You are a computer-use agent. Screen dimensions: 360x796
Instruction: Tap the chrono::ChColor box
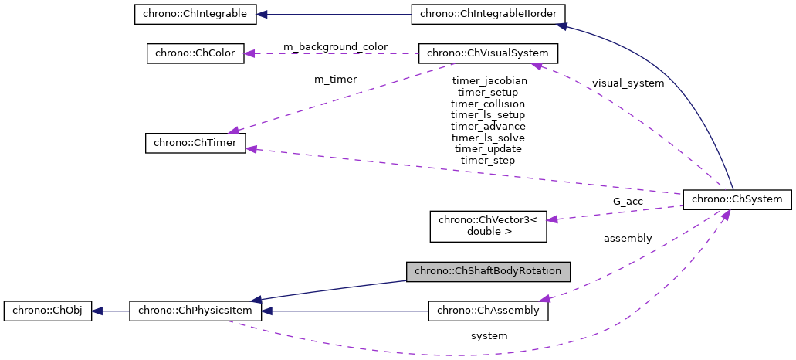[x=195, y=53]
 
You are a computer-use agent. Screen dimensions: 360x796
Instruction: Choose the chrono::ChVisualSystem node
[x=487, y=53]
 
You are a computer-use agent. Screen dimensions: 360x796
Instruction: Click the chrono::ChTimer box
[x=195, y=143]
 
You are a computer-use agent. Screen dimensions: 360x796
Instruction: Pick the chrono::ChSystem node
[x=737, y=199]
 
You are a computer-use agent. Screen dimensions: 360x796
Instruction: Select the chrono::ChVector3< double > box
[x=487, y=225]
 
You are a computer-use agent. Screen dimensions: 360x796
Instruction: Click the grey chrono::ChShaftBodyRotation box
[x=489, y=271]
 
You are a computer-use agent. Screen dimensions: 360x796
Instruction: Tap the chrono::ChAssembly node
[x=489, y=311]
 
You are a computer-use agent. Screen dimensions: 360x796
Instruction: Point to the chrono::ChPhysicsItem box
[x=195, y=311]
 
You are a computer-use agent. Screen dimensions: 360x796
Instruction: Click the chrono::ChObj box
[x=49, y=311]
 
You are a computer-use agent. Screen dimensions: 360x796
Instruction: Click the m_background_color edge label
[x=335, y=47]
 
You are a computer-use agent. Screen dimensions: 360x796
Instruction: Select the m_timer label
[x=335, y=79]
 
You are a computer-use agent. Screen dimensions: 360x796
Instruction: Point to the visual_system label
[x=628, y=83]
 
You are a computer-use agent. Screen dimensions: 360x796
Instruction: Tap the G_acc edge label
[x=628, y=201]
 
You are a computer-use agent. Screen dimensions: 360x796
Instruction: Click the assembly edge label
[x=628, y=238]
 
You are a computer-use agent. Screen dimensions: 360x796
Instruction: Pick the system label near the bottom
[x=489, y=336]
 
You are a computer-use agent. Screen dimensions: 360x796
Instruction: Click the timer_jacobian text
[x=489, y=80]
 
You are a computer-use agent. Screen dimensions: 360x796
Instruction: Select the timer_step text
[x=487, y=160]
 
